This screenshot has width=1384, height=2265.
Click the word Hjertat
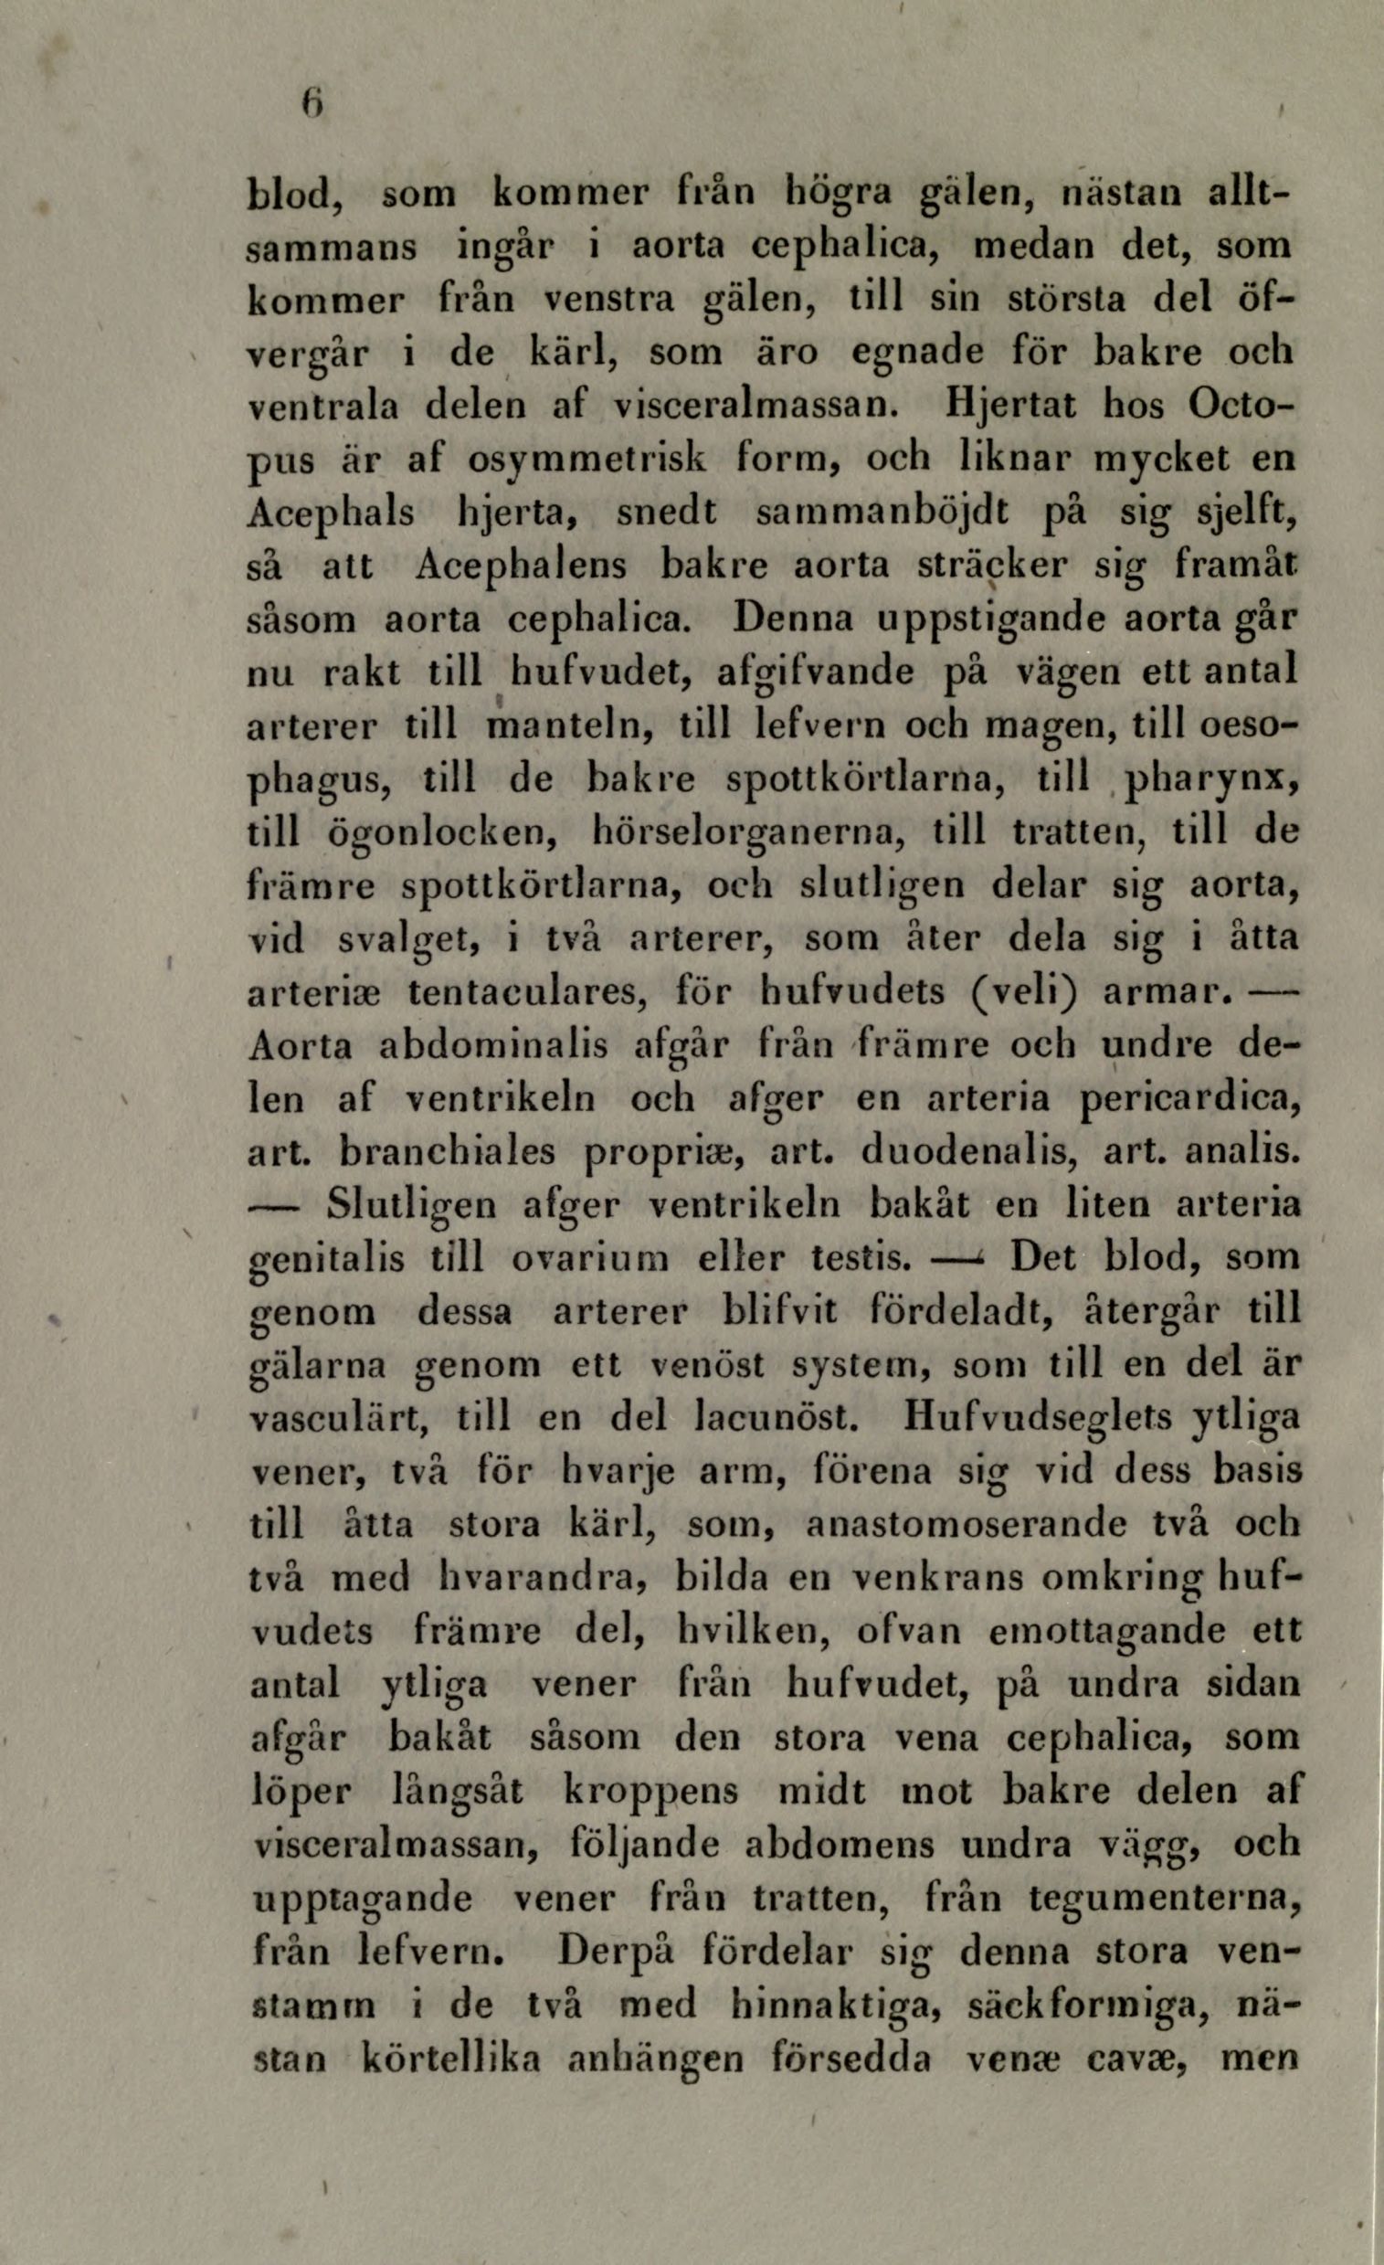click(1011, 406)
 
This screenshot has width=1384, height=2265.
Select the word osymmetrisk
click(596, 459)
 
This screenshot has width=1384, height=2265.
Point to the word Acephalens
click(521, 566)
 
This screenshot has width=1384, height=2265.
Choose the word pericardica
click(1189, 1100)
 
